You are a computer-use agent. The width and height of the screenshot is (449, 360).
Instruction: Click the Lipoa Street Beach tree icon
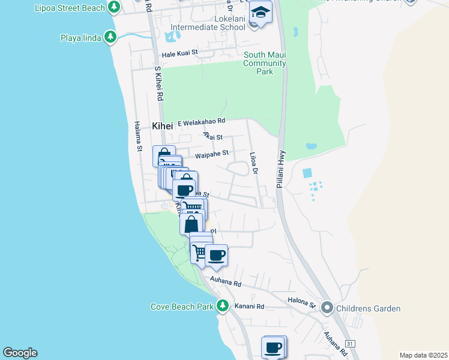(113, 7)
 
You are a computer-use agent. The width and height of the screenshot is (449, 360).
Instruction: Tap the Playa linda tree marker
(110, 37)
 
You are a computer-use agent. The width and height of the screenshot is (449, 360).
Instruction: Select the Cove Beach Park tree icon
(223, 306)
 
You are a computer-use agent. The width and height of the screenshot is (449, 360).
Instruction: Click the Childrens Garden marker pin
(327, 308)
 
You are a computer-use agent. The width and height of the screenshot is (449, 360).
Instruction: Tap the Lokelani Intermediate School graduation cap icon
(261, 13)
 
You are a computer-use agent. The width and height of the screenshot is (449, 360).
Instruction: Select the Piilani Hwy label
(280, 170)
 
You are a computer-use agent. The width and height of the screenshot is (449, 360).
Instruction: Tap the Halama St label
(137, 136)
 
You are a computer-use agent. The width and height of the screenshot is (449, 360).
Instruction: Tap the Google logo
(20, 353)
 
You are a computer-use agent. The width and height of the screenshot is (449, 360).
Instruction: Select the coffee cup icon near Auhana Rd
(216, 255)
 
